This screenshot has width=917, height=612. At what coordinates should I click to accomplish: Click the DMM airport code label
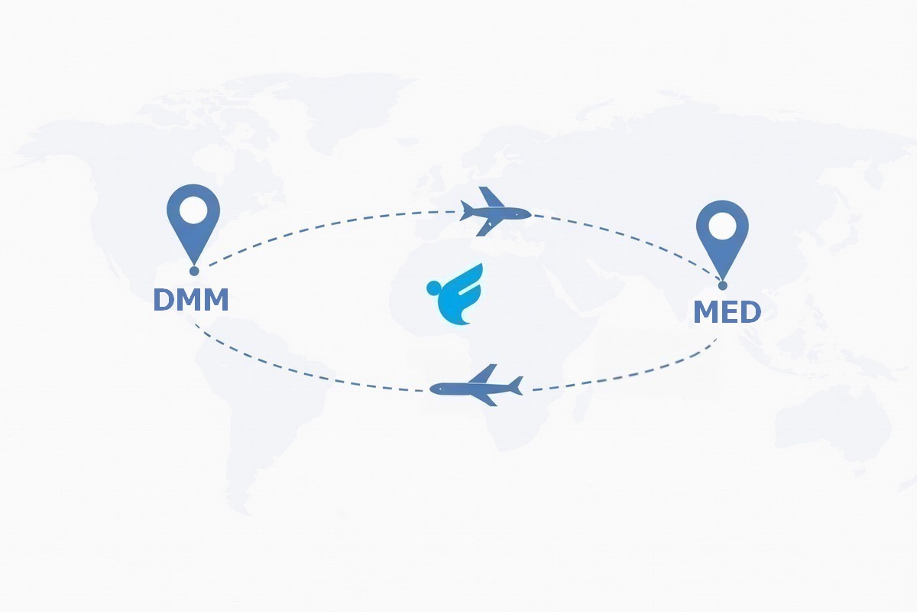click(191, 300)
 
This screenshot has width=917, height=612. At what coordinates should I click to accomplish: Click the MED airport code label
click(727, 312)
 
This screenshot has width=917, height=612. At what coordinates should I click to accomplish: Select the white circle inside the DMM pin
click(193, 210)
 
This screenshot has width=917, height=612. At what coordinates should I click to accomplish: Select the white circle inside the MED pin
click(723, 226)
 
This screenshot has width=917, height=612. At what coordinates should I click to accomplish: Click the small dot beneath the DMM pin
click(194, 271)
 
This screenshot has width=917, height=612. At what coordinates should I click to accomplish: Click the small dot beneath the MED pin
click(723, 285)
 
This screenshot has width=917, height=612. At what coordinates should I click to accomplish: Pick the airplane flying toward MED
click(495, 211)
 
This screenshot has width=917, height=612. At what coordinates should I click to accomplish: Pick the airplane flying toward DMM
click(476, 386)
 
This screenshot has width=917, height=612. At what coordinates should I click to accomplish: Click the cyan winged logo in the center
click(455, 294)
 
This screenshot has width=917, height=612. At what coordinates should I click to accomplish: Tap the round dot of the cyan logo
click(433, 288)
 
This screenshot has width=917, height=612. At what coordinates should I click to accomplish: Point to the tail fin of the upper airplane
click(466, 210)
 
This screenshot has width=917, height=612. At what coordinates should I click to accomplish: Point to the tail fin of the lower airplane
click(516, 386)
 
